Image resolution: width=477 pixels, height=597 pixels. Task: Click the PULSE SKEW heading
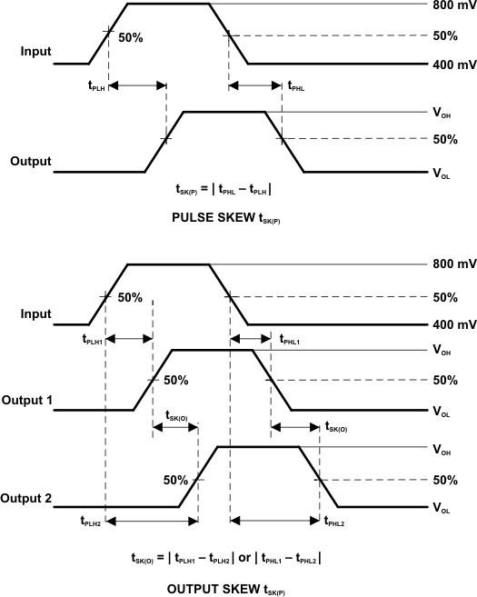(x=223, y=217)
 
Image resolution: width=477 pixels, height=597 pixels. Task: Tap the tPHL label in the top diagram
(x=296, y=86)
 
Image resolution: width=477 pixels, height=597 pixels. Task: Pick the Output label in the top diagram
(x=30, y=161)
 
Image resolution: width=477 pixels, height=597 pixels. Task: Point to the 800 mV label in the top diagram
(x=453, y=5)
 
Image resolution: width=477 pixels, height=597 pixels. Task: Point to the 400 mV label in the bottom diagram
(x=453, y=324)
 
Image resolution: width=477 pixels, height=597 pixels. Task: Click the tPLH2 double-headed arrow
(x=153, y=521)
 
